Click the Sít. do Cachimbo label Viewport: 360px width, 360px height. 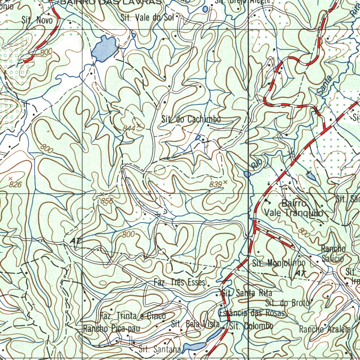pyautogui.click(x=191, y=120)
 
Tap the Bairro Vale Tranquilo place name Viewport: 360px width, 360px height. pyautogui.click(x=294, y=208)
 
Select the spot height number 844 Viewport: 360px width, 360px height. pyautogui.click(x=129, y=129)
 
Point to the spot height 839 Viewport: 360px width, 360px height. pyautogui.click(x=216, y=184)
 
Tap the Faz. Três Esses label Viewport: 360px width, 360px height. pyautogui.click(x=179, y=283)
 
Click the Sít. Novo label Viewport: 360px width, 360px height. pyautogui.click(x=37, y=20)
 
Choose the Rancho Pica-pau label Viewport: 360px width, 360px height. pyautogui.click(x=111, y=329)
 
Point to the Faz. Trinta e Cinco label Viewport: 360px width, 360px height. pyautogui.click(x=133, y=316)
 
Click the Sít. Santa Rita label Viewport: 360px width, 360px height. pyautogui.click(x=246, y=293)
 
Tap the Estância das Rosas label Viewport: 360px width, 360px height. pyautogui.click(x=251, y=313)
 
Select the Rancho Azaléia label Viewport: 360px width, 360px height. pyautogui.click(x=325, y=329)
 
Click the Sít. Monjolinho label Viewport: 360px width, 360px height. pyautogui.click(x=279, y=263)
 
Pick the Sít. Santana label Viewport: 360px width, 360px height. pyautogui.click(x=160, y=349)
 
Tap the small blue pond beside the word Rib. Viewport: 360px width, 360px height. pyautogui.click(x=247, y=174)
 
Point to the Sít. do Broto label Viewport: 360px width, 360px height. pyautogui.click(x=288, y=303)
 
